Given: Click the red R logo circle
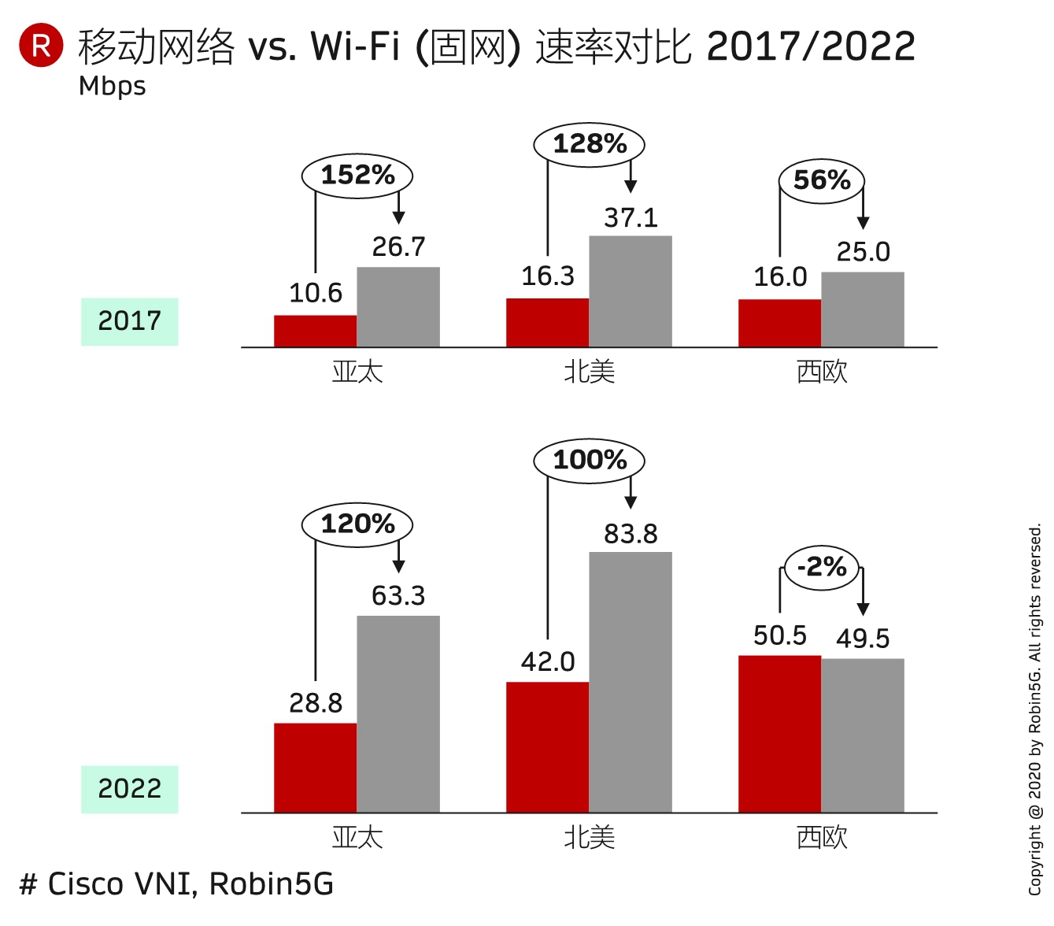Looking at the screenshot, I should pos(41,45).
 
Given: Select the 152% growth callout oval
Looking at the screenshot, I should pos(357,175).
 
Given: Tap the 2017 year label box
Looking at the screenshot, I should pos(130,321).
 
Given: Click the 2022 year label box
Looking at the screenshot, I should pos(130,789).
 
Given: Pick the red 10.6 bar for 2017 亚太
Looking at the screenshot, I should pos(315,331).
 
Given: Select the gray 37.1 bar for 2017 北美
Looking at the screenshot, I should pos(631,291).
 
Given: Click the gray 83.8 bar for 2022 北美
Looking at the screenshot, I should pos(631,682).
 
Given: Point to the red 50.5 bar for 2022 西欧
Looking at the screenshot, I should pos(779,734).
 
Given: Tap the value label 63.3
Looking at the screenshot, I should pos(398,596).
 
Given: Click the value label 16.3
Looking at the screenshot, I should pos(548,276).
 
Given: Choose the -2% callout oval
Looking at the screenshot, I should pos(822,567).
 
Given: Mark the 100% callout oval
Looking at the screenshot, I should pos(590,460).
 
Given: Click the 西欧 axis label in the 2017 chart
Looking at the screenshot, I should pos(822,372).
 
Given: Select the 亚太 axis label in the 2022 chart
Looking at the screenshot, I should pos(357,837).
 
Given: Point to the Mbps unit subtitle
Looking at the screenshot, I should pos(113,86).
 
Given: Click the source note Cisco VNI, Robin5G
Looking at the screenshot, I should pos(177,884).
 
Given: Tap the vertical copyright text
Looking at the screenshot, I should pos(1035,709).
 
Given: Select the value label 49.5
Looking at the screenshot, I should pos(863,639).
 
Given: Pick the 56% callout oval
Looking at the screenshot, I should pos(822,180).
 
